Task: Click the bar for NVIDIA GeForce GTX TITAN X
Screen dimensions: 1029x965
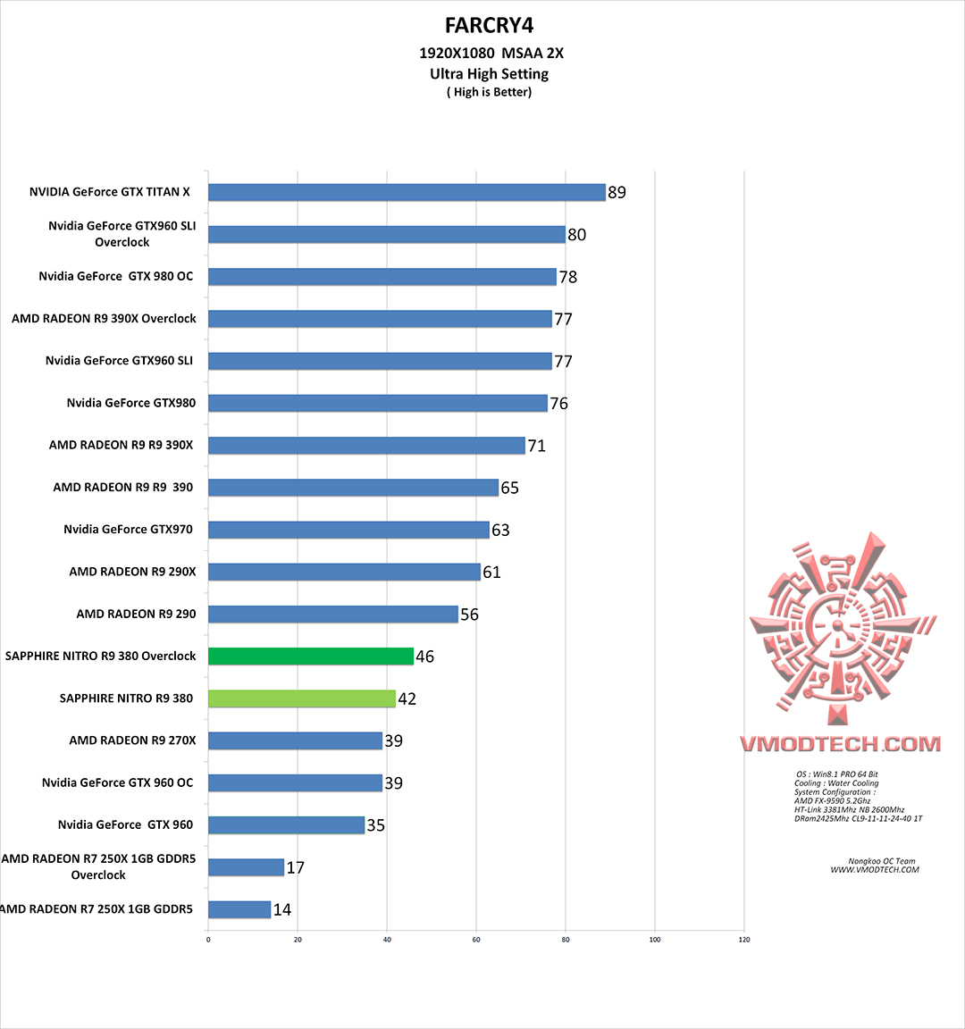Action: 407,192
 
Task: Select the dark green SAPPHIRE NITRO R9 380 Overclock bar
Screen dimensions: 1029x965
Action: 311,657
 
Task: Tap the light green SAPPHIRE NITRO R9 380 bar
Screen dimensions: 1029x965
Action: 302,699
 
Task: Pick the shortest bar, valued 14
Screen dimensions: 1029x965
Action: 239,909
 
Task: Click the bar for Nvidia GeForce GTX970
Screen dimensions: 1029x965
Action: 348,530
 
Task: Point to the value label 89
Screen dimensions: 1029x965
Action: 617,192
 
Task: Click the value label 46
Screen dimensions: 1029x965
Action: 425,657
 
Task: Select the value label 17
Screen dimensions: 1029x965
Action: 296,867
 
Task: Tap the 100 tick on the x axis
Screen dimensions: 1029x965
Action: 655,940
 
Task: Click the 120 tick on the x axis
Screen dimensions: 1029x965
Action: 744,940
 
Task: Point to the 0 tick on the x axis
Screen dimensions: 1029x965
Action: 208,940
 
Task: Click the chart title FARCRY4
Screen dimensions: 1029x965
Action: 490,25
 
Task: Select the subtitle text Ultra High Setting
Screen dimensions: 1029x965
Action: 489,74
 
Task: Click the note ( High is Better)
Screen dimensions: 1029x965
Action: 489,92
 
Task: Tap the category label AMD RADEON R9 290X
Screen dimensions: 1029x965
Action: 132,572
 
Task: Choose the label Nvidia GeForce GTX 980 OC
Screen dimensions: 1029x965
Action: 116,276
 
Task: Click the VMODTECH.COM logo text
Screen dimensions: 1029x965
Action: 840,744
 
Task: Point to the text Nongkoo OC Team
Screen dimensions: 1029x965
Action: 882,862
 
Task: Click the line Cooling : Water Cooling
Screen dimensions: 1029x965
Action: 836,783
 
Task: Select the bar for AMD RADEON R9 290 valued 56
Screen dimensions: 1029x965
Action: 333,615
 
